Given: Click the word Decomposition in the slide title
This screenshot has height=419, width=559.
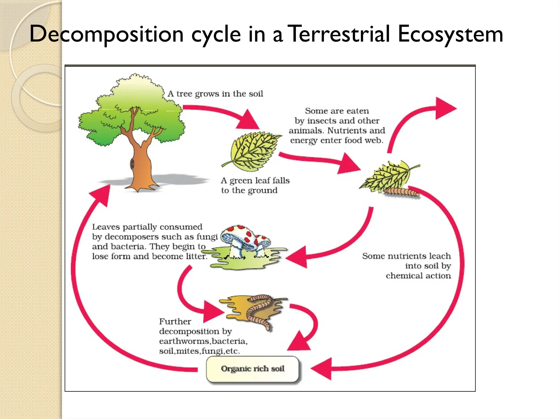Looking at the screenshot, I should click(106, 34).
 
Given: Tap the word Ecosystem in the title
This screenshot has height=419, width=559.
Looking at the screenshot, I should click(450, 34).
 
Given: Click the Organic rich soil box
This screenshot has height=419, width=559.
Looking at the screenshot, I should click(253, 369).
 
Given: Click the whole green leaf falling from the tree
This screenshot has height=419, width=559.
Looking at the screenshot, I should click(252, 151).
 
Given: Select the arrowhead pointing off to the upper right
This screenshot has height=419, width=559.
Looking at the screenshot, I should click(444, 108).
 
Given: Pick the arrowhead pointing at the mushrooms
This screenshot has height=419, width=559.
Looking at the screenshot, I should click(298, 256).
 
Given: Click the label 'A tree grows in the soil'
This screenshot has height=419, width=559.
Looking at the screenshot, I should click(215, 94).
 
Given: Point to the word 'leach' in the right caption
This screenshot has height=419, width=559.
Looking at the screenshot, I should click(440, 256).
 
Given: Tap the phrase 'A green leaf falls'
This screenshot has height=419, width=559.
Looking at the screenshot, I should click(255, 181).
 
